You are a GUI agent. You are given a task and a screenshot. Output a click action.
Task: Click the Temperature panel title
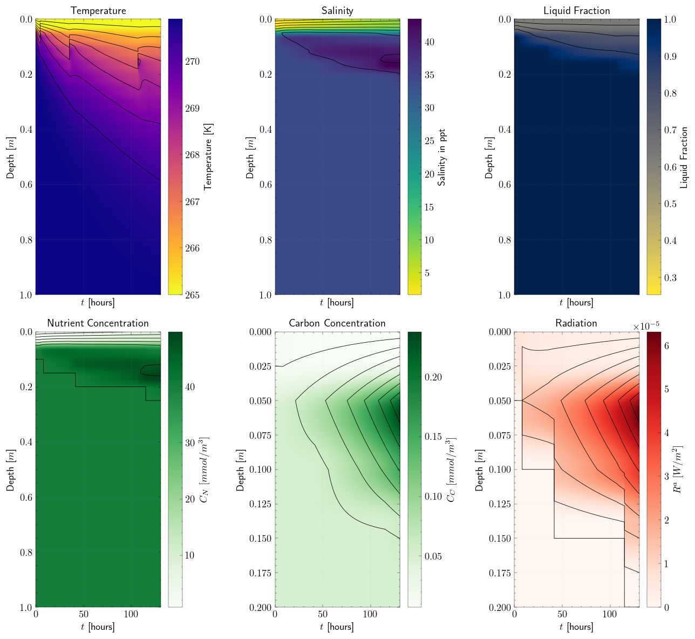point(98,11)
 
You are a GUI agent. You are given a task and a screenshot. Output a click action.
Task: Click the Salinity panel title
point(337,11)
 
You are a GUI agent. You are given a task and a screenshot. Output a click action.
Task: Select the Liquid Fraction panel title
point(576,11)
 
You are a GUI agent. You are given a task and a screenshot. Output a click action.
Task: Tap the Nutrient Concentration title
point(98,323)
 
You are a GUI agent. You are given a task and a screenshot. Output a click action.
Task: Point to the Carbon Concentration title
point(337,323)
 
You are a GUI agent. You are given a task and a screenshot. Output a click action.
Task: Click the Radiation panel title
point(576,323)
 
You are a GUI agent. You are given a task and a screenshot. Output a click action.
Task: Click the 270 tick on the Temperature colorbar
point(193,62)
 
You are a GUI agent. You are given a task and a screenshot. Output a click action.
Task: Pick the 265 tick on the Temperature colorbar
point(193,295)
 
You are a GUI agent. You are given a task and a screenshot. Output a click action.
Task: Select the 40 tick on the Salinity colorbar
point(430,42)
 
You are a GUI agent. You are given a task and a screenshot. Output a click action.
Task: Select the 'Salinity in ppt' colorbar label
point(442,157)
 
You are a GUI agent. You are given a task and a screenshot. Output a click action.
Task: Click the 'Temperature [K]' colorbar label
point(208,157)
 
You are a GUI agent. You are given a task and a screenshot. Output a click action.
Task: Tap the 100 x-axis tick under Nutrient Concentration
point(131,614)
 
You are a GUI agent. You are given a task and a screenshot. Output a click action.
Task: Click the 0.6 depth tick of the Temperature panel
point(25,185)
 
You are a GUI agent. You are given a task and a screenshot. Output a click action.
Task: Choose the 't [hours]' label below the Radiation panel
point(576,627)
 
